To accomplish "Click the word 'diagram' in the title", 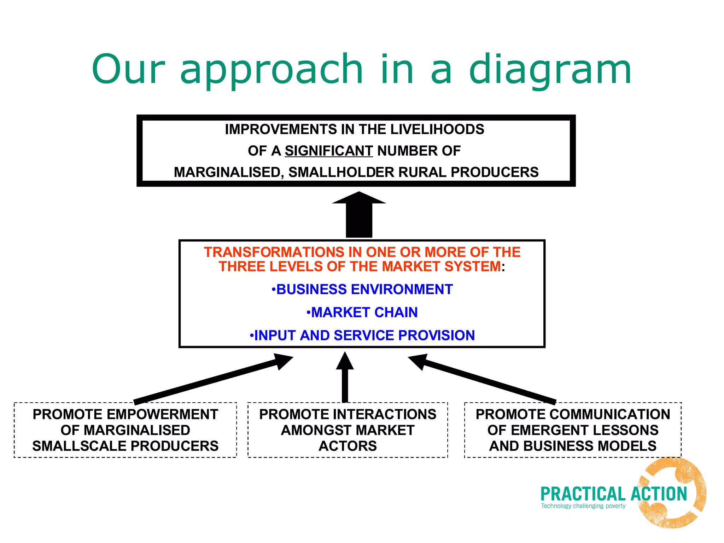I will click(550, 70).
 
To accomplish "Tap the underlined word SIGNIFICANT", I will click(329, 151).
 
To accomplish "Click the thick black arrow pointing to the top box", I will click(359, 216).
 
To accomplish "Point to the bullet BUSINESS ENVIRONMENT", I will click(362, 290).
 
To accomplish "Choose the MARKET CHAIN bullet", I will click(362, 313).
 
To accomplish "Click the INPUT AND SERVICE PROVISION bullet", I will click(362, 335).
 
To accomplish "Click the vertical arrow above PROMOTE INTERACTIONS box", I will click(345, 378).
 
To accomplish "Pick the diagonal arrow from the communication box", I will click(484, 380).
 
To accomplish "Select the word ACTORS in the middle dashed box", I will click(348, 446).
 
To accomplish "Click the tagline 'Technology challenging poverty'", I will click(583, 506).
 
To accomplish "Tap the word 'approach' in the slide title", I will click(271, 70).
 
